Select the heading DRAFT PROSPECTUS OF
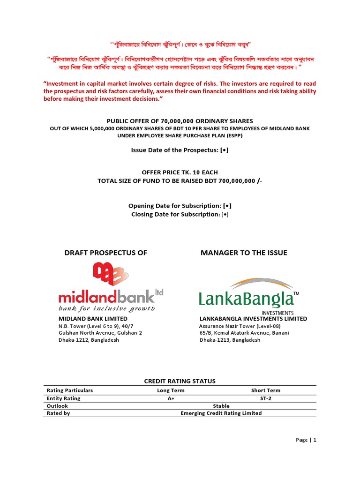pyautogui.click(x=105, y=253)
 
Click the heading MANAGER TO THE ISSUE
pyautogui.click(x=244, y=253)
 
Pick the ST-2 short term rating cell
pyautogui.click(x=265, y=398)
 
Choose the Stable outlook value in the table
pyautogui.click(x=221, y=405)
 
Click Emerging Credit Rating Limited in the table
pyautogui.click(x=221, y=413)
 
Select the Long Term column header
pyautogui.click(x=171, y=390)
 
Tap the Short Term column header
pyautogui.click(x=265, y=390)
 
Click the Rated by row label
pyautogui.click(x=58, y=413)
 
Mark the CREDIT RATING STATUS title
pyautogui.click(x=180, y=381)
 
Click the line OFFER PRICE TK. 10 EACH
pyautogui.click(x=180, y=172)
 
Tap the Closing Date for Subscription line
pyautogui.click(x=180, y=214)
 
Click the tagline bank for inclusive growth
pyautogui.click(x=106, y=308)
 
